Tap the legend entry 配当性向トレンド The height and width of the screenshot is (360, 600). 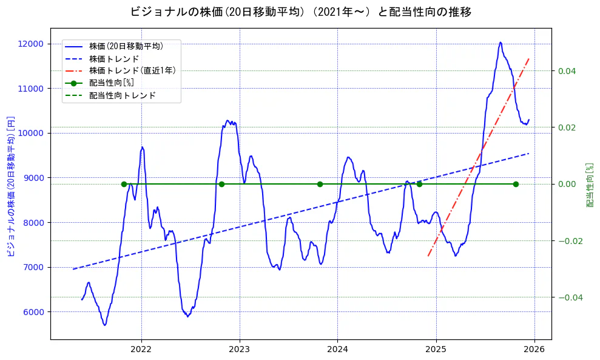click(x=122, y=95)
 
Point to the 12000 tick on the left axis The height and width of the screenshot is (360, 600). click(x=31, y=44)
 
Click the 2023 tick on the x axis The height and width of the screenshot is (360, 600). click(x=239, y=349)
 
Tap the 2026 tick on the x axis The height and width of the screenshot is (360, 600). click(x=534, y=349)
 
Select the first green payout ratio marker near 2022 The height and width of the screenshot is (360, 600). click(x=124, y=184)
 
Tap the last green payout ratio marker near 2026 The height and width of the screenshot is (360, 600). click(x=516, y=184)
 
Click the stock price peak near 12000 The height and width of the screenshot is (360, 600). click(x=501, y=42)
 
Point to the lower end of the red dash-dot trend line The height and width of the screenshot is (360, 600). click(x=428, y=256)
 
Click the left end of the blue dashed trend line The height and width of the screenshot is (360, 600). click(x=73, y=269)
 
